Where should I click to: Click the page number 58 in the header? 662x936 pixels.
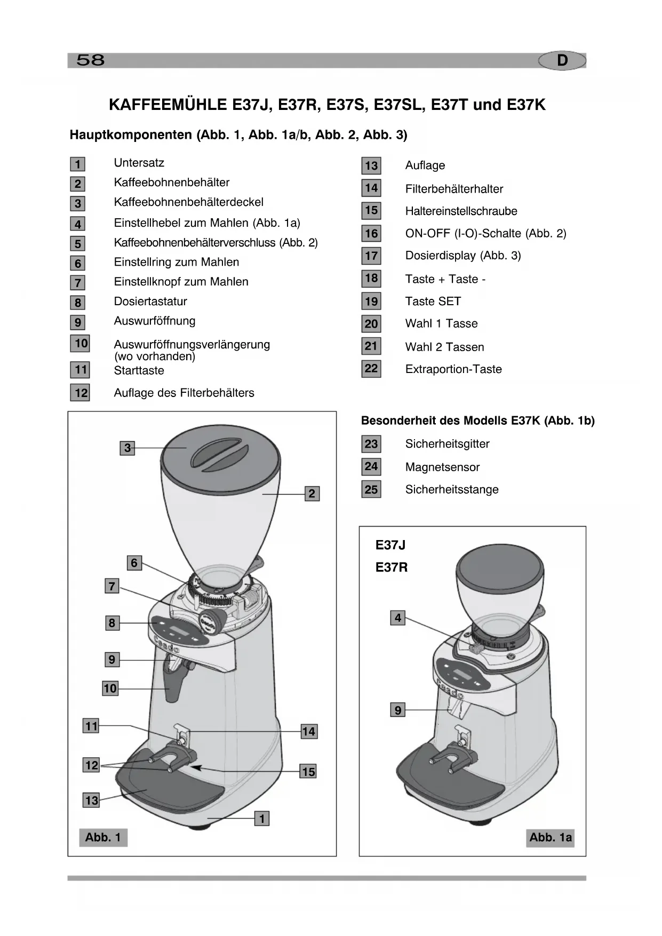[x=90, y=60]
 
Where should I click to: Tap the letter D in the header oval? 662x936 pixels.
[x=562, y=61]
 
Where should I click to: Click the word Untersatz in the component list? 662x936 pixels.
[x=139, y=163]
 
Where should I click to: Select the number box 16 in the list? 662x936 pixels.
[x=371, y=233]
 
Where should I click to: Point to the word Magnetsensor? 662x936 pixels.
[x=442, y=467]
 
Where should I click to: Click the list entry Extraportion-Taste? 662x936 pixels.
[x=453, y=369]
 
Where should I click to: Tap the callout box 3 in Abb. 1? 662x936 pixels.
[x=127, y=448]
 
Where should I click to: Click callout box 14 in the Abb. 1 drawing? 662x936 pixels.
[x=308, y=732]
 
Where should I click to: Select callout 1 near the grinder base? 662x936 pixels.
[x=261, y=818]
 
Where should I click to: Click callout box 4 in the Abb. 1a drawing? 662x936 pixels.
[x=398, y=618]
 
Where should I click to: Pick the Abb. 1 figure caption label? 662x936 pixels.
[x=103, y=837]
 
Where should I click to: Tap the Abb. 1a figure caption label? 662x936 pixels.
[x=550, y=837]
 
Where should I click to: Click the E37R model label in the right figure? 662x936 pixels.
[x=391, y=567]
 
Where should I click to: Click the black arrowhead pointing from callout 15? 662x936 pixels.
[x=196, y=768]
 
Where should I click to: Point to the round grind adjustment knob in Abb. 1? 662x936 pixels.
[x=212, y=621]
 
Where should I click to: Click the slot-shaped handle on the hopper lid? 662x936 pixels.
[x=218, y=453]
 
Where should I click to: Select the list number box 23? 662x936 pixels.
[x=371, y=444]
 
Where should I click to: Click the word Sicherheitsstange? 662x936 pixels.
[x=452, y=490]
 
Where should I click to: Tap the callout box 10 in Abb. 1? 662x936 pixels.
[x=110, y=688]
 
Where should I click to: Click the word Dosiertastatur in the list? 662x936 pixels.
[x=150, y=302]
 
